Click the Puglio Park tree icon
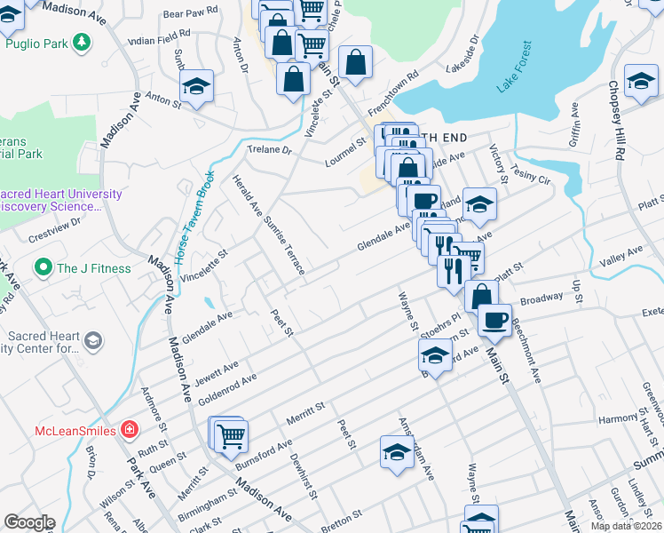click(82, 42)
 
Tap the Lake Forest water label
click(515, 68)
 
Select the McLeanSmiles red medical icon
click(130, 430)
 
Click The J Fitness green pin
click(42, 267)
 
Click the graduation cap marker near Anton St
click(196, 85)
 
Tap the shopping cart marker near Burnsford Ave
click(231, 434)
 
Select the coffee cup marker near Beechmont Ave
click(494, 319)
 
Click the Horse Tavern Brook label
click(194, 219)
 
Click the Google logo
click(29, 522)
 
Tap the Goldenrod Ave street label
click(227, 389)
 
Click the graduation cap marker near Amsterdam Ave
click(397, 451)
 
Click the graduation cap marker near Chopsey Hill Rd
click(641, 81)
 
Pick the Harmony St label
click(618, 418)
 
